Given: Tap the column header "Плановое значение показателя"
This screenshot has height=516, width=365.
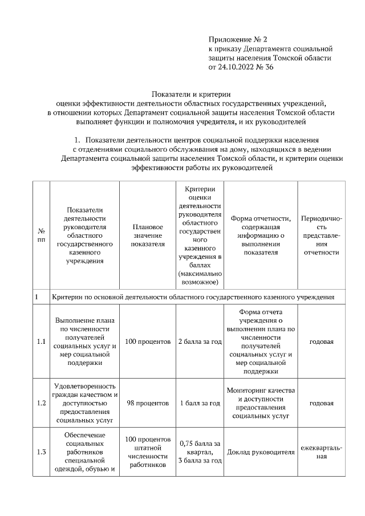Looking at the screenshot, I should (148, 235).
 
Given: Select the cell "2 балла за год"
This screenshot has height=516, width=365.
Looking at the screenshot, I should (200, 342).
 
